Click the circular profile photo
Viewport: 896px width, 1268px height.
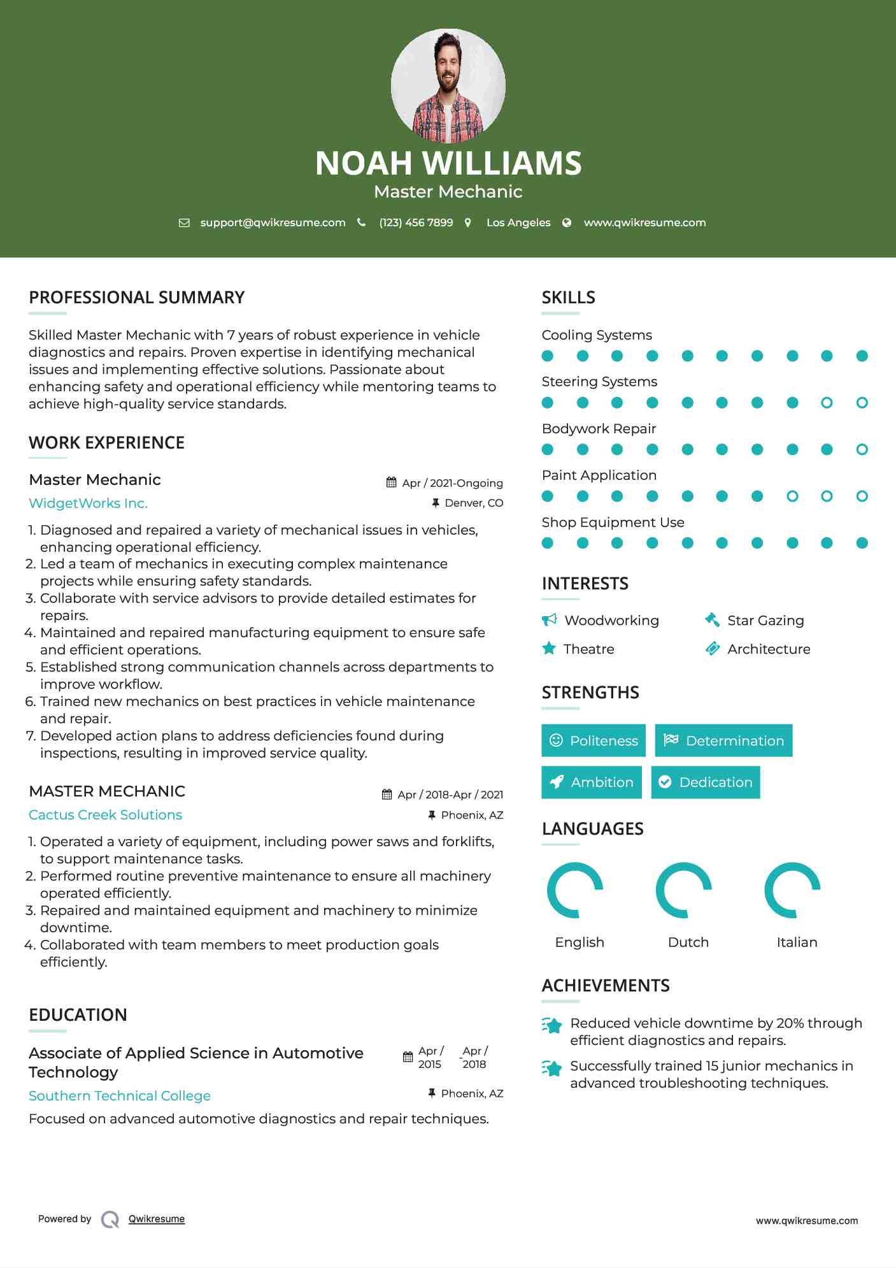pyautogui.click(x=448, y=85)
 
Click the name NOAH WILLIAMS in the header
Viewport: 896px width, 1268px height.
pyautogui.click(x=448, y=163)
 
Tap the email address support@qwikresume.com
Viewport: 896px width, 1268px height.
pyautogui.click(x=273, y=222)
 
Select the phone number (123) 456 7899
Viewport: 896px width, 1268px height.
pyautogui.click(x=416, y=222)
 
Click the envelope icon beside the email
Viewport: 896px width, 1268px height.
pyautogui.click(x=184, y=223)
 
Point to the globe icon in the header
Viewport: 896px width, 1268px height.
pyautogui.click(x=567, y=222)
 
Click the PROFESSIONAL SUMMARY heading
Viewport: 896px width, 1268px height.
pyautogui.click(x=137, y=298)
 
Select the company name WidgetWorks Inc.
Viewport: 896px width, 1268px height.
pyautogui.click(x=88, y=503)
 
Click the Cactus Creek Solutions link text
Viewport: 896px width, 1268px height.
pyautogui.click(x=105, y=815)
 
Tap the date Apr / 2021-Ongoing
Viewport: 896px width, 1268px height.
pyautogui.click(x=452, y=483)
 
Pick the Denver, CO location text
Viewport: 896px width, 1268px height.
pyautogui.click(x=474, y=503)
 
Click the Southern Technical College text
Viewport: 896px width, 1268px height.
pyautogui.click(x=120, y=1096)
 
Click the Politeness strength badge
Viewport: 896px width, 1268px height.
pyautogui.click(x=594, y=740)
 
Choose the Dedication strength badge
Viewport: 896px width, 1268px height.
pyautogui.click(x=706, y=782)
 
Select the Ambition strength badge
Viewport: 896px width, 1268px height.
pyautogui.click(x=592, y=782)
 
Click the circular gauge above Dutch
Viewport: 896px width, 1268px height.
pyautogui.click(x=684, y=890)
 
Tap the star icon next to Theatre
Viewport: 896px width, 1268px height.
pyautogui.click(x=549, y=649)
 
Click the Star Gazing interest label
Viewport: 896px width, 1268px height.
pyautogui.click(x=765, y=621)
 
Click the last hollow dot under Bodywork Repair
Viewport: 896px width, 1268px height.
pyautogui.click(x=862, y=449)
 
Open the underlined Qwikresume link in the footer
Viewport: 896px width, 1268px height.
pyautogui.click(x=157, y=1219)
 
